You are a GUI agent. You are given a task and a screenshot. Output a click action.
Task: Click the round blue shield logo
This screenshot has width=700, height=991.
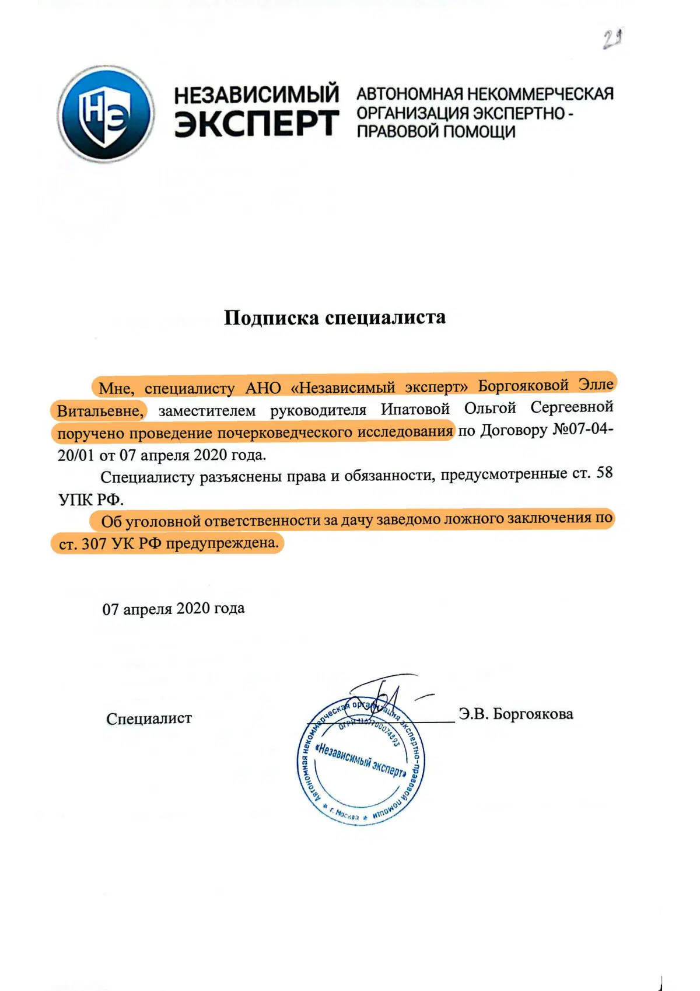106,113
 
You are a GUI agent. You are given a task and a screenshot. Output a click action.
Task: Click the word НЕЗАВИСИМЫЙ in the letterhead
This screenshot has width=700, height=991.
257,93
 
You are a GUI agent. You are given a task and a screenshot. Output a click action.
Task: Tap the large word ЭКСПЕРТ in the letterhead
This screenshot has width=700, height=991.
257,123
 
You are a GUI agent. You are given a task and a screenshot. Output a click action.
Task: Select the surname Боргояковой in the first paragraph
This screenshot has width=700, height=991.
523,386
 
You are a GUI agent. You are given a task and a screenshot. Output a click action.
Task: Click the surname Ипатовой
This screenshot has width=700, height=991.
415,409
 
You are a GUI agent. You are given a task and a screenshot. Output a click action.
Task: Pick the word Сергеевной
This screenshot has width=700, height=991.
572,407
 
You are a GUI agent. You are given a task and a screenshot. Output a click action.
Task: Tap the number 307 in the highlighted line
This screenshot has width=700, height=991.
93,544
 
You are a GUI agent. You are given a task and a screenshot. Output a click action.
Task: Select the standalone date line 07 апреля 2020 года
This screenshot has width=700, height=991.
173,609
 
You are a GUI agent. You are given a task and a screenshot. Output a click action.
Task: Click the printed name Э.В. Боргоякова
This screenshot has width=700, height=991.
516,714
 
